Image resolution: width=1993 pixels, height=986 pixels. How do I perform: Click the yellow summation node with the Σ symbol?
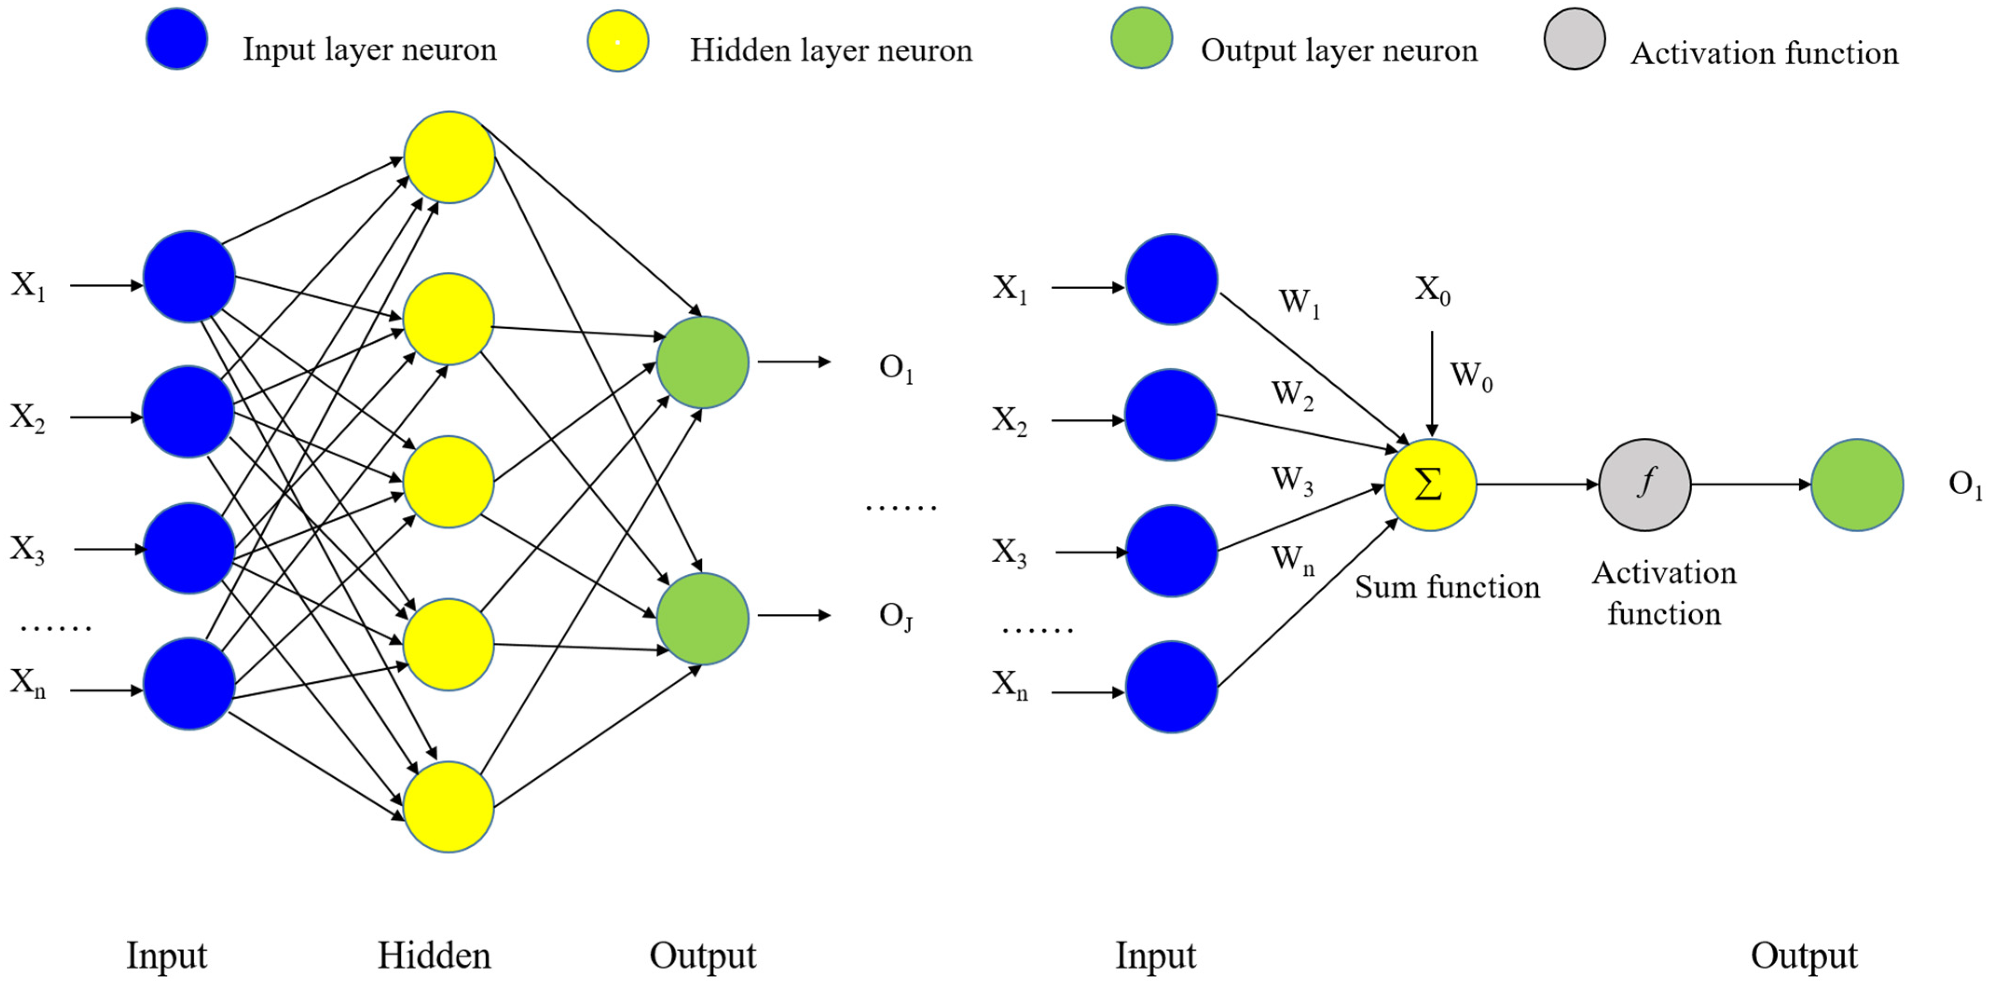pyautogui.click(x=1430, y=485)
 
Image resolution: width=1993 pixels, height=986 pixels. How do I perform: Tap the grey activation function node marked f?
pyautogui.click(x=1645, y=485)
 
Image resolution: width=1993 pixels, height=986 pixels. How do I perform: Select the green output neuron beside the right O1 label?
pyautogui.click(x=1857, y=485)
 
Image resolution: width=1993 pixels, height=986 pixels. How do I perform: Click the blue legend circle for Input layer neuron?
pyautogui.click(x=177, y=39)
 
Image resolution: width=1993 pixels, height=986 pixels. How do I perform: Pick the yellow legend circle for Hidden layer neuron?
pyautogui.click(x=617, y=41)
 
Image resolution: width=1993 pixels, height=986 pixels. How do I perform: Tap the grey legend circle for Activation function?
pyautogui.click(x=1575, y=39)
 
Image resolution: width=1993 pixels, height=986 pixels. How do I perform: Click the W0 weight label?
pyautogui.click(x=1470, y=377)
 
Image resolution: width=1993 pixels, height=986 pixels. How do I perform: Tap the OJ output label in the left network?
pyautogui.click(x=896, y=616)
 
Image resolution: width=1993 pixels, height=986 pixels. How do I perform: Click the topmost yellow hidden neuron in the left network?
pyautogui.click(x=449, y=157)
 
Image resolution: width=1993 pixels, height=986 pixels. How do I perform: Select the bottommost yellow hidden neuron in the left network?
pyautogui.click(x=449, y=807)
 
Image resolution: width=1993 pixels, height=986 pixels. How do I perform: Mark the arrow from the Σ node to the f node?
pyautogui.click(x=1536, y=485)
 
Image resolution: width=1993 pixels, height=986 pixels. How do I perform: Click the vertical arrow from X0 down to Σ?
pyautogui.click(x=1431, y=383)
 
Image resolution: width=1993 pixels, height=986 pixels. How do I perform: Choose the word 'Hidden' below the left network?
pyautogui.click(x=433, y=956)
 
